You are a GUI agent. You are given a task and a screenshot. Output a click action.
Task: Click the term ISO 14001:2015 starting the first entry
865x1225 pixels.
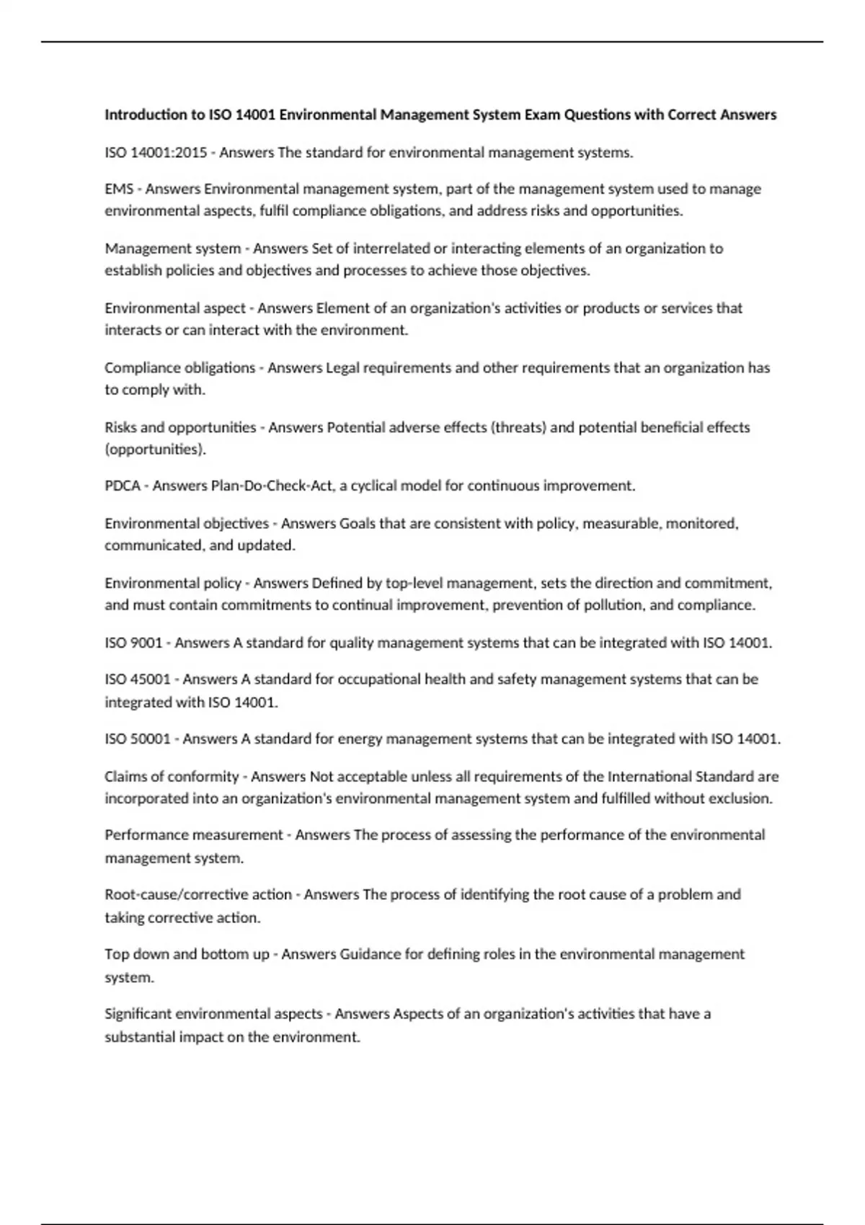156,153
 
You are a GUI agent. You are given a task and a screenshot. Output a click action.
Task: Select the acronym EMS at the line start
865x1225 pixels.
119,189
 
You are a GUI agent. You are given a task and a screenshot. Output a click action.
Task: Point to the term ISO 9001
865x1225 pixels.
133,643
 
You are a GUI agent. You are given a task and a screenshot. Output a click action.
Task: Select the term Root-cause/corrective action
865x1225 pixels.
198,894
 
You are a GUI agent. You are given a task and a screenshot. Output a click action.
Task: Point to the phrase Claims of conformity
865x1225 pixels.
172,777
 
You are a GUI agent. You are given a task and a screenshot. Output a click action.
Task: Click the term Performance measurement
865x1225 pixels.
194,834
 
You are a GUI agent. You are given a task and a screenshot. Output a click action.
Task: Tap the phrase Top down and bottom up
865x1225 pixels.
187,954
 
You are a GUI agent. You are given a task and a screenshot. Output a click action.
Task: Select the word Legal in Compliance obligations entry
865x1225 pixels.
342,368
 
